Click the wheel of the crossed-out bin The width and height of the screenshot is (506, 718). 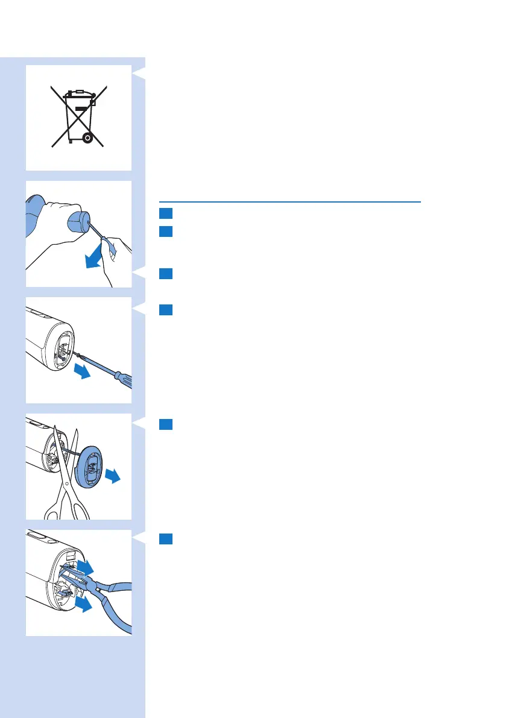(x=88, y=137)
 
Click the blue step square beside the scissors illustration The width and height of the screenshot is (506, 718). (x=166, y=424)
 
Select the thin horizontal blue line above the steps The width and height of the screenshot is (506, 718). (x=289, y=202)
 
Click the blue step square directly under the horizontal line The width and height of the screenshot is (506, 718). (x=166, y=213)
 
